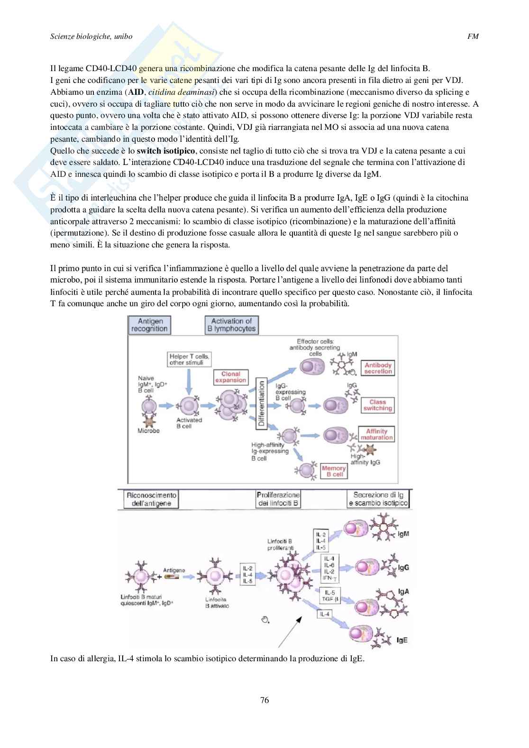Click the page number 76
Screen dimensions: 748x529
(x=264, y=700)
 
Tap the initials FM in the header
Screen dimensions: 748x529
(x=473, y=36)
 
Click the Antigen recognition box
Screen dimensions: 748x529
(x=149, y=325)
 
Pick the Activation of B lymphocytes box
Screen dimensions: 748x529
(x=231, y=325)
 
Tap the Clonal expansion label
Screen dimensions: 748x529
(x=231, y=377)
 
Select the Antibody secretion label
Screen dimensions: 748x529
(x=378, y=368)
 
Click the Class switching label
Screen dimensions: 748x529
(x=378, y=405)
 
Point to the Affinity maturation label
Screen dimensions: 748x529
(x=377, y=434)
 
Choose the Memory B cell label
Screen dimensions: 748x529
(x=334, y=471)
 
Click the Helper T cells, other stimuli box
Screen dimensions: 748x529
(x=189, y=359)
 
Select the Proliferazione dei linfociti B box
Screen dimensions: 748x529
(x=278, y=499)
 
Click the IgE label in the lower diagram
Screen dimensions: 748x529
(x=402, y=640)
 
